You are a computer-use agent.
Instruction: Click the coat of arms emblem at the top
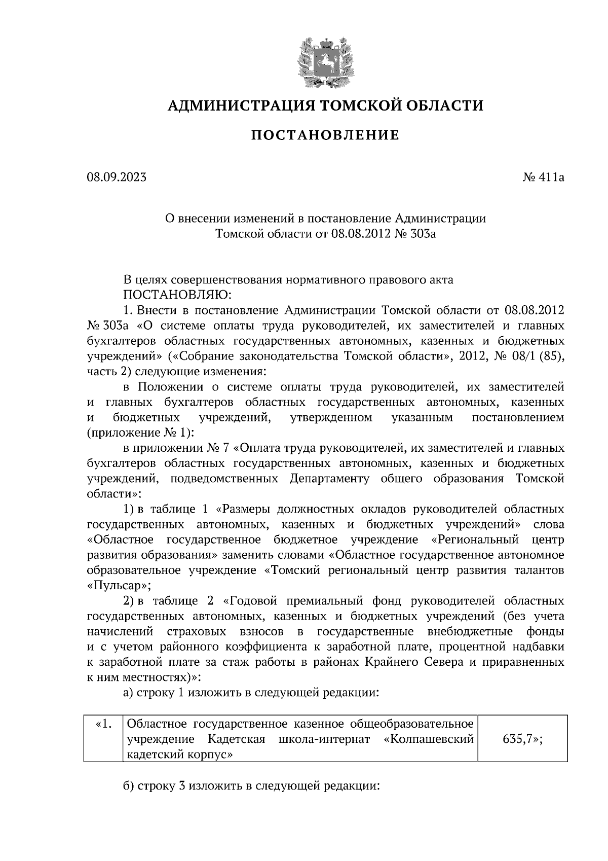(x=325, y=59)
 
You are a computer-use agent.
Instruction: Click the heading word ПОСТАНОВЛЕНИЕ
(x=325, y=135)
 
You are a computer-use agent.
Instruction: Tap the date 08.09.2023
(x=117, y=177)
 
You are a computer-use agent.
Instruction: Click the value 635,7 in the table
(x=522, y=739)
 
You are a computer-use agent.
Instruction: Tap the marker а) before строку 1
(x=129, y=693)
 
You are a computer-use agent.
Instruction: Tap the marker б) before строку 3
(x=129, y=786)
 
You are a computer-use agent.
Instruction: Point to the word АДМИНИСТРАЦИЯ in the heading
(x=235, y=105)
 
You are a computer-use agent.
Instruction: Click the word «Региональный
(x=480, y=539)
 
